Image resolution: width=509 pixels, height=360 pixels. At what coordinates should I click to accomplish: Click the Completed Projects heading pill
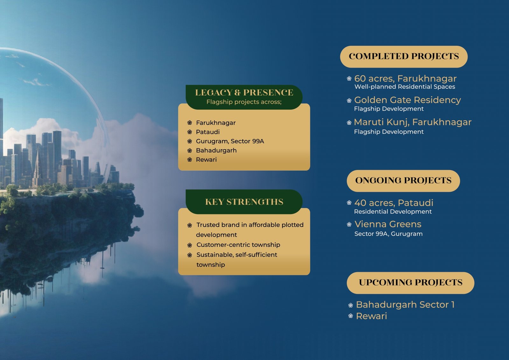tap(404, 57)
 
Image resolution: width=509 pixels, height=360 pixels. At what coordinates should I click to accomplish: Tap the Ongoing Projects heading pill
tap(403, 181)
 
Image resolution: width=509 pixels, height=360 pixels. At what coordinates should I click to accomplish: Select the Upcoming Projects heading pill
tap(410, 283)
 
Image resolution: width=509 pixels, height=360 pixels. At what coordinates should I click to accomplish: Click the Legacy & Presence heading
tap(244, 93)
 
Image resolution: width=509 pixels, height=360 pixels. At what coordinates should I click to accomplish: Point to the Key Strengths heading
tap(244, 202)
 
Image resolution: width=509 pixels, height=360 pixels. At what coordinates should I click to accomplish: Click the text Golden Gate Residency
tap(408, 100)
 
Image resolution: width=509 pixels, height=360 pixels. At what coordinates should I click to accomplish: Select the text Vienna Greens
tap(388, 224)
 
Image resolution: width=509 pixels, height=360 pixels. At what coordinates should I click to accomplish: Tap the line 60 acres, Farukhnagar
tap(405, 79)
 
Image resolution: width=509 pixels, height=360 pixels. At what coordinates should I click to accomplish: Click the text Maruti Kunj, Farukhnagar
tap(413, 122)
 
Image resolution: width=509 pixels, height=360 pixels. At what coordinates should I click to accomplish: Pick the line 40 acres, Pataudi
tap(394, 203)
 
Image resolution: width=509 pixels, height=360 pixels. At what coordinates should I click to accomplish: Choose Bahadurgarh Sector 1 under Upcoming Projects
tap(405, 305)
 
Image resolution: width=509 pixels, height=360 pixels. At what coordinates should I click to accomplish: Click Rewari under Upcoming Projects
tap(371, 316)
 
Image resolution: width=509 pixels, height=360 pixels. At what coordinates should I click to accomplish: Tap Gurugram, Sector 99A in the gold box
tap(230, 141)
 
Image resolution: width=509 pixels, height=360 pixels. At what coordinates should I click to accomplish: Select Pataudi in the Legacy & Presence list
tap(208, 132)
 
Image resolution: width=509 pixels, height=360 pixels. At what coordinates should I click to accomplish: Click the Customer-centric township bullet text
tap(238, 245)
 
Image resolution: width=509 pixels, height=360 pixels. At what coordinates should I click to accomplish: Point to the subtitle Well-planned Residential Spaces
tap(405, 87)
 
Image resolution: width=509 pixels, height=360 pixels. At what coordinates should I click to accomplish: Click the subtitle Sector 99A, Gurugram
tap(388, 234)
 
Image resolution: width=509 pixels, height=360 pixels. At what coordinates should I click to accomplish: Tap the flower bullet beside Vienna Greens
tap(349, 225)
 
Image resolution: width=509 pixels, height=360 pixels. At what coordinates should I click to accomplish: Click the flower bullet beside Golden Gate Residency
tap(349, 100)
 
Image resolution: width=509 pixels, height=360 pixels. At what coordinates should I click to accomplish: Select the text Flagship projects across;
tap(244, 102)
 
